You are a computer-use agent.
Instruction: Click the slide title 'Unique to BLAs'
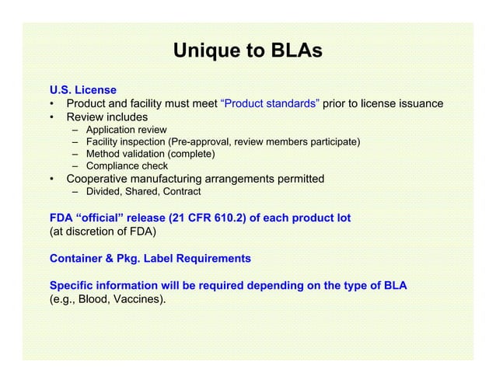click(x=247, y=52)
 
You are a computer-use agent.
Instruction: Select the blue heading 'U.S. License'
click(x=83, y=90)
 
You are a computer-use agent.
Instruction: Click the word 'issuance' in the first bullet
click(x=420, y=104)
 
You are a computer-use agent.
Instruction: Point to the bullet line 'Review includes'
click(x=107, y=117)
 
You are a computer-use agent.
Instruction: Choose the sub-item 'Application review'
click(x=126, y=130)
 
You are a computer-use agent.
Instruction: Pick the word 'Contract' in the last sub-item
click(x=181, y=192)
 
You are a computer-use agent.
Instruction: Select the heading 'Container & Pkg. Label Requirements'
click(x=150, y=258)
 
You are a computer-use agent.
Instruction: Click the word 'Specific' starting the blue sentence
click(x=72, y=285)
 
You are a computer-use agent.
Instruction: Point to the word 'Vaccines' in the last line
click(x=136, y=298)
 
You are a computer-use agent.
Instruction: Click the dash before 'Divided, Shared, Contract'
click(x=77, y=192)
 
